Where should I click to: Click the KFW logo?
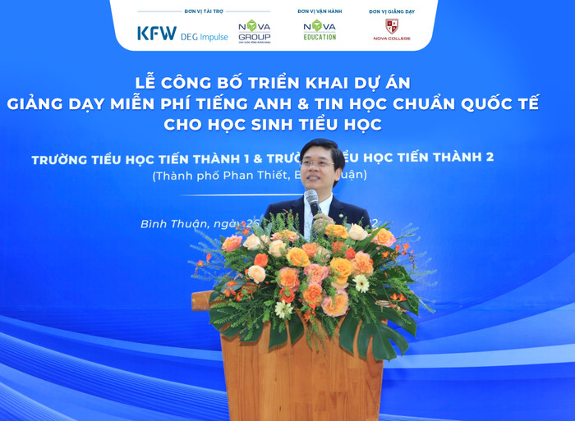(156, 33)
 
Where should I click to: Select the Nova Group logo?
(254, 30)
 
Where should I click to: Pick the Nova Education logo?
(320, 30)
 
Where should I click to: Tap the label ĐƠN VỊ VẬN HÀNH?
(319, 11)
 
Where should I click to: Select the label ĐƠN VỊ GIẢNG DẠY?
(391, 11)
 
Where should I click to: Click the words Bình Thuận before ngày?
(174, 223)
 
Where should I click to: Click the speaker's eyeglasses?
(315, 163)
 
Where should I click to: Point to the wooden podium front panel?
(301, 378)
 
